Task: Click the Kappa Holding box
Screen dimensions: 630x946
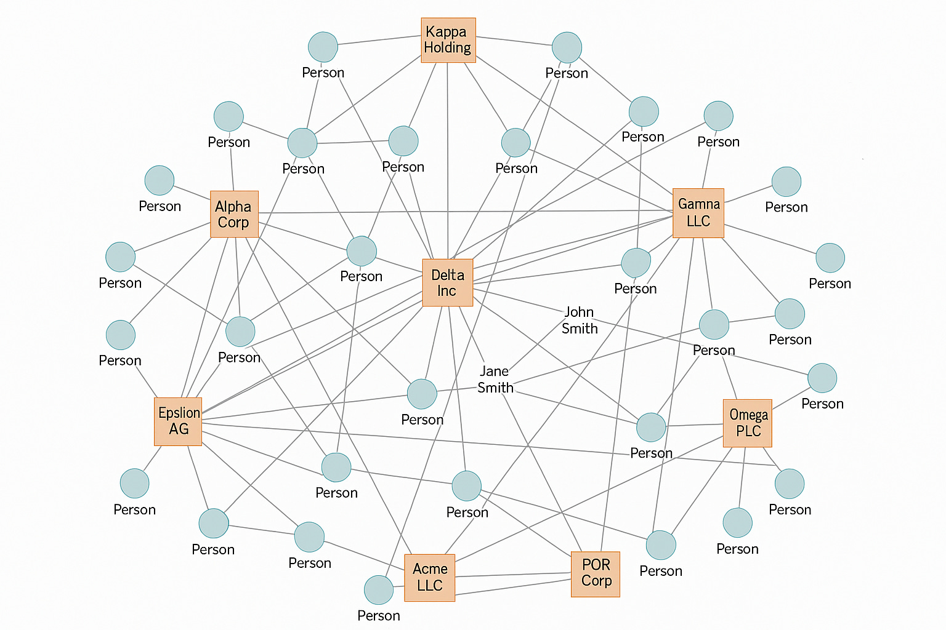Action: tap(448, 40)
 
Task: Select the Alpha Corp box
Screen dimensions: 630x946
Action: tap(233, 214)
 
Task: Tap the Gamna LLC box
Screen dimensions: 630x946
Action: tap(698, 213)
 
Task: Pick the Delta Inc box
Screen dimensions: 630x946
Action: tap(448, 282)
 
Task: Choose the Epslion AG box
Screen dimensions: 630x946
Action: tap(178, 421)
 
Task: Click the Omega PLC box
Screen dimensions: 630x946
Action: tap(748, 423)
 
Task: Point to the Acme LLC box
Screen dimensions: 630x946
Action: tap(429, 577)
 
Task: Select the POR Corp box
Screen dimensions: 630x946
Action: tap(596, 573)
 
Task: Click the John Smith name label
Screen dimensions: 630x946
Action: tap(580, 321)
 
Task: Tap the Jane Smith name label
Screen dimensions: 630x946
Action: tap(495, 380)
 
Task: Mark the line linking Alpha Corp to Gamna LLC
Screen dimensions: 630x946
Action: tap(462, 212)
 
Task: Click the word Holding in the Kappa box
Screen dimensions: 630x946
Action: tap(448, 48)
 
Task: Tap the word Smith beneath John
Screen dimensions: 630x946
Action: tap(580, 329)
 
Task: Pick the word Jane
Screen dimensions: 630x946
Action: tap(494, 372)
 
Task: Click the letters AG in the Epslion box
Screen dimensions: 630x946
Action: tap(179, 429)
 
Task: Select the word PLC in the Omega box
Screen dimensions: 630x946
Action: tap(748, 431)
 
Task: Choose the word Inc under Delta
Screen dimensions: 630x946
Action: tap(447, 291)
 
